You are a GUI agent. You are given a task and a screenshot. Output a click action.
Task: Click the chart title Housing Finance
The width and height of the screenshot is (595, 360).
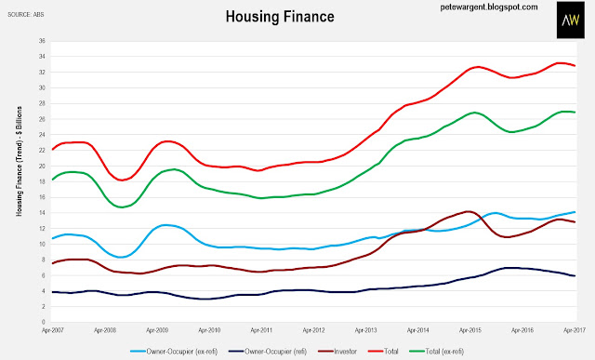point(280,17)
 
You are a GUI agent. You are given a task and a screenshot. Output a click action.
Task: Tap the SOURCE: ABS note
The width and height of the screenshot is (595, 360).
point(26,15)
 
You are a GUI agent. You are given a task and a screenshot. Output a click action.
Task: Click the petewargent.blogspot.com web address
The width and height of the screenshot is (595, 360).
point(489,7)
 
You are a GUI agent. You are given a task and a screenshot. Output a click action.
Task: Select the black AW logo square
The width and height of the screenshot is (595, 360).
point(570,20)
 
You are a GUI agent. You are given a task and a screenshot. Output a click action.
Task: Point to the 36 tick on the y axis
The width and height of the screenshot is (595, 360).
point(42,41)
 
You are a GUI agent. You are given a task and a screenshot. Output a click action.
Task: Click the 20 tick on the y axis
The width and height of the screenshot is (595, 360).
point(42,166)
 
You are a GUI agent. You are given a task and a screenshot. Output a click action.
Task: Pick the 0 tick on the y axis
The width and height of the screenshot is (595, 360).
point(44,322)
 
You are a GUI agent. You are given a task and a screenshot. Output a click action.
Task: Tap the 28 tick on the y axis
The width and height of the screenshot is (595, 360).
point(42,103)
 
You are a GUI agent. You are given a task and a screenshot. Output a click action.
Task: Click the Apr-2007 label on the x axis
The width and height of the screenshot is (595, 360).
point(53,330)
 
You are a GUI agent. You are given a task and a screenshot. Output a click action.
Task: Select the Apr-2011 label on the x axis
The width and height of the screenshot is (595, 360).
point(261,330)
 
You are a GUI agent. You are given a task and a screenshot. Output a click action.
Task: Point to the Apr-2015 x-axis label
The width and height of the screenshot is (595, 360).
point(470,330)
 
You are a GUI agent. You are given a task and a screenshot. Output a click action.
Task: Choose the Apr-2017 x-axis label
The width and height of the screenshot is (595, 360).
point(575,330)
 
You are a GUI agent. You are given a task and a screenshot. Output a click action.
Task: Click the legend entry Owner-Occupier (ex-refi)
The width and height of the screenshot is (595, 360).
point(174,352)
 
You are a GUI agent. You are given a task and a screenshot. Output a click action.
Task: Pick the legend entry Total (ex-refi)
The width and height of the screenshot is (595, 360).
point(436,352)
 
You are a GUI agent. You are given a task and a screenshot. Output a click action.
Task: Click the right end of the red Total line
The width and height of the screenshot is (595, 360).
point(575,66)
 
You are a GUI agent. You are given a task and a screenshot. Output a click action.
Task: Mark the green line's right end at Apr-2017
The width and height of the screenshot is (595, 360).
point(575,112)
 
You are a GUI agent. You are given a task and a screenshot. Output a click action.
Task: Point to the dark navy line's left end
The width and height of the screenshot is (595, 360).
point(53,292)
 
